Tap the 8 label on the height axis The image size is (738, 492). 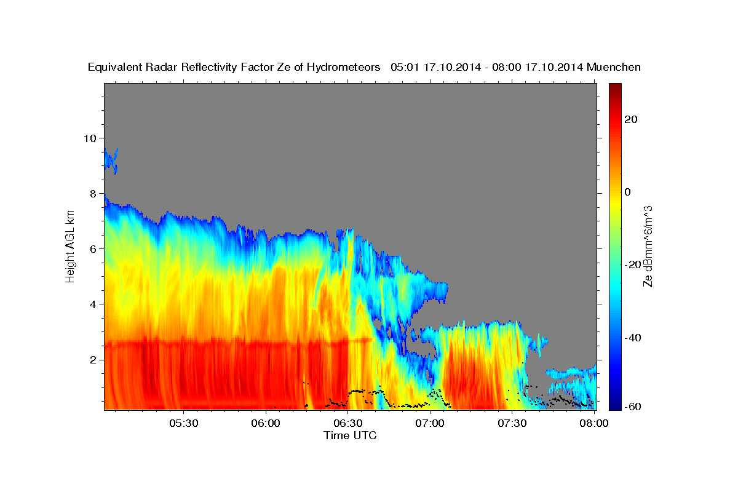tap(93, 193)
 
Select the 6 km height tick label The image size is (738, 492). tap(93, 248)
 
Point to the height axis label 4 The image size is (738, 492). tap(93, 304)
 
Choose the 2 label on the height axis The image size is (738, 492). tap(93, 359)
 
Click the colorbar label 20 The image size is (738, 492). tap(630, 119)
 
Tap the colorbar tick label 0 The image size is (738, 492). tap(627, 192)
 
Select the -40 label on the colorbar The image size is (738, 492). tap(633, 338)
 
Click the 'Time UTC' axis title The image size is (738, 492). tap(350, 435)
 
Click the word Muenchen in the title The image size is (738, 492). tap(614, 67)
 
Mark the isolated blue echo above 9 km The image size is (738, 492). tap(111, 160)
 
